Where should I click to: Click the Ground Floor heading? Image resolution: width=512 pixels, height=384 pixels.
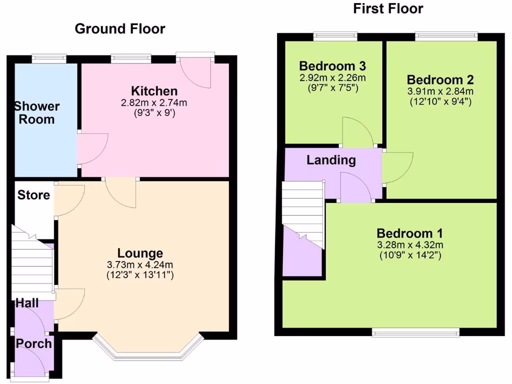tap(119, 29)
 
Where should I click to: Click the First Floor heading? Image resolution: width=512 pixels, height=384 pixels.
tap(388, 8)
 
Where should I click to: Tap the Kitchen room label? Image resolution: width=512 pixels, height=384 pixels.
tap(154, 91)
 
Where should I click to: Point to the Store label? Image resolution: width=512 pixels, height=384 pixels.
tap(34, 195)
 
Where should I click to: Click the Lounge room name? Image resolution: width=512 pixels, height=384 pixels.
tap(140, 253)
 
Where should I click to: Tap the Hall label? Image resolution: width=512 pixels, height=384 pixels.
tap(27, 303)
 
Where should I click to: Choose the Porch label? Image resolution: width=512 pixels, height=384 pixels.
tap(33, 343)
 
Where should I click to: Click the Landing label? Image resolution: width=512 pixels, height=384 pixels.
tap(331, 160)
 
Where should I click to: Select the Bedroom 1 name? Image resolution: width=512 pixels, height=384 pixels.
tap(409, 233)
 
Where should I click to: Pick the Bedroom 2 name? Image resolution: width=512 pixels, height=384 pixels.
tap(440, 80)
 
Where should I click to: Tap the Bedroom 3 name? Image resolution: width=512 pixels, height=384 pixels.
tap(332, 66)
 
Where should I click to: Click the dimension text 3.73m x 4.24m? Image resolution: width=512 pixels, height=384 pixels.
tap(140, 264)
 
